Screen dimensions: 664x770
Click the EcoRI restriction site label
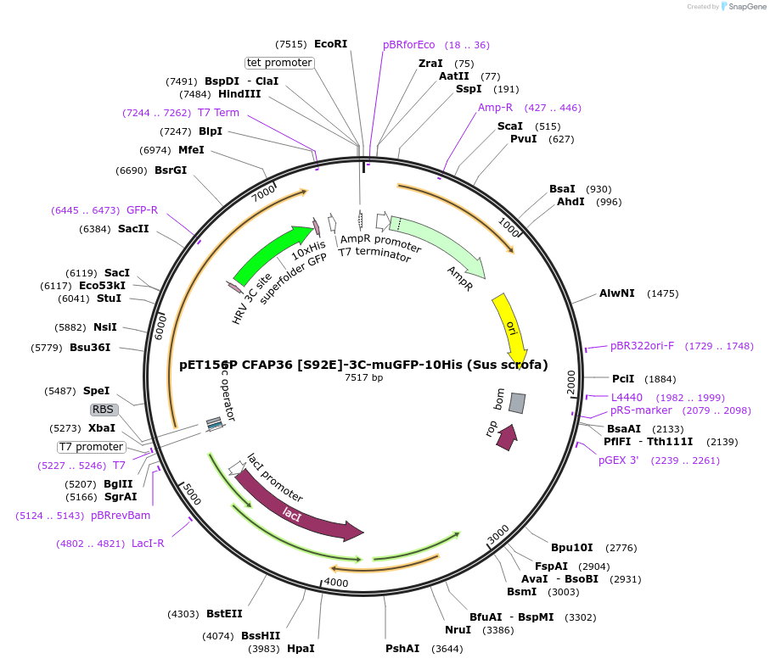click(330, 44)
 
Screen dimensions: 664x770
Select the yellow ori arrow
click(512, 326)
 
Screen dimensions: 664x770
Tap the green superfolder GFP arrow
click(270, 254)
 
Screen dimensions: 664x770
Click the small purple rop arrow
click(506, 437)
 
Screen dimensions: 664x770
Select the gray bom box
click(517, 403)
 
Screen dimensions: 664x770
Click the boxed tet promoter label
click(279, 63)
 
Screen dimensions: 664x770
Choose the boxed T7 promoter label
click(91, 447)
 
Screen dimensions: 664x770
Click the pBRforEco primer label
click(408, 45)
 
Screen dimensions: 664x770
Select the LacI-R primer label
click(148, 544)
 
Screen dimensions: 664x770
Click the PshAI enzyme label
click(402, 649)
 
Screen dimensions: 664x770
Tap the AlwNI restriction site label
click(616, 293)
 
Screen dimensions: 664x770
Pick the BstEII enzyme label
click(224, 614)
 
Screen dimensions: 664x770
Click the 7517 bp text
click(363, 377)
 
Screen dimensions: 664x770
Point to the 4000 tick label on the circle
click(336, 583)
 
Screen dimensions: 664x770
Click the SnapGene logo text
click(745, 7)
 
